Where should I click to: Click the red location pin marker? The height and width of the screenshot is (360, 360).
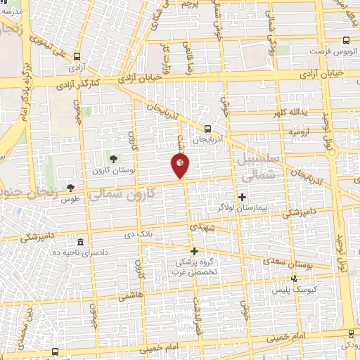coord(179,166)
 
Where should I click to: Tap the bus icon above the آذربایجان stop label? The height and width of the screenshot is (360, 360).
coord(207,129)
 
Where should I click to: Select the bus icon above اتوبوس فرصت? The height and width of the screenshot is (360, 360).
coord(345,41)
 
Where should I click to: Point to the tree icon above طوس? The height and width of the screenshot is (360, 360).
coord(70,187)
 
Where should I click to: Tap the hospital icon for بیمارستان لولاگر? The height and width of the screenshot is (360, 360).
coord(243,196)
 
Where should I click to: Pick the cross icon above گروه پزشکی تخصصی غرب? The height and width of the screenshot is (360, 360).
coord(195,251)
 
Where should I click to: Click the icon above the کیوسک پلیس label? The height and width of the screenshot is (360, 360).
coord(294,278)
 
